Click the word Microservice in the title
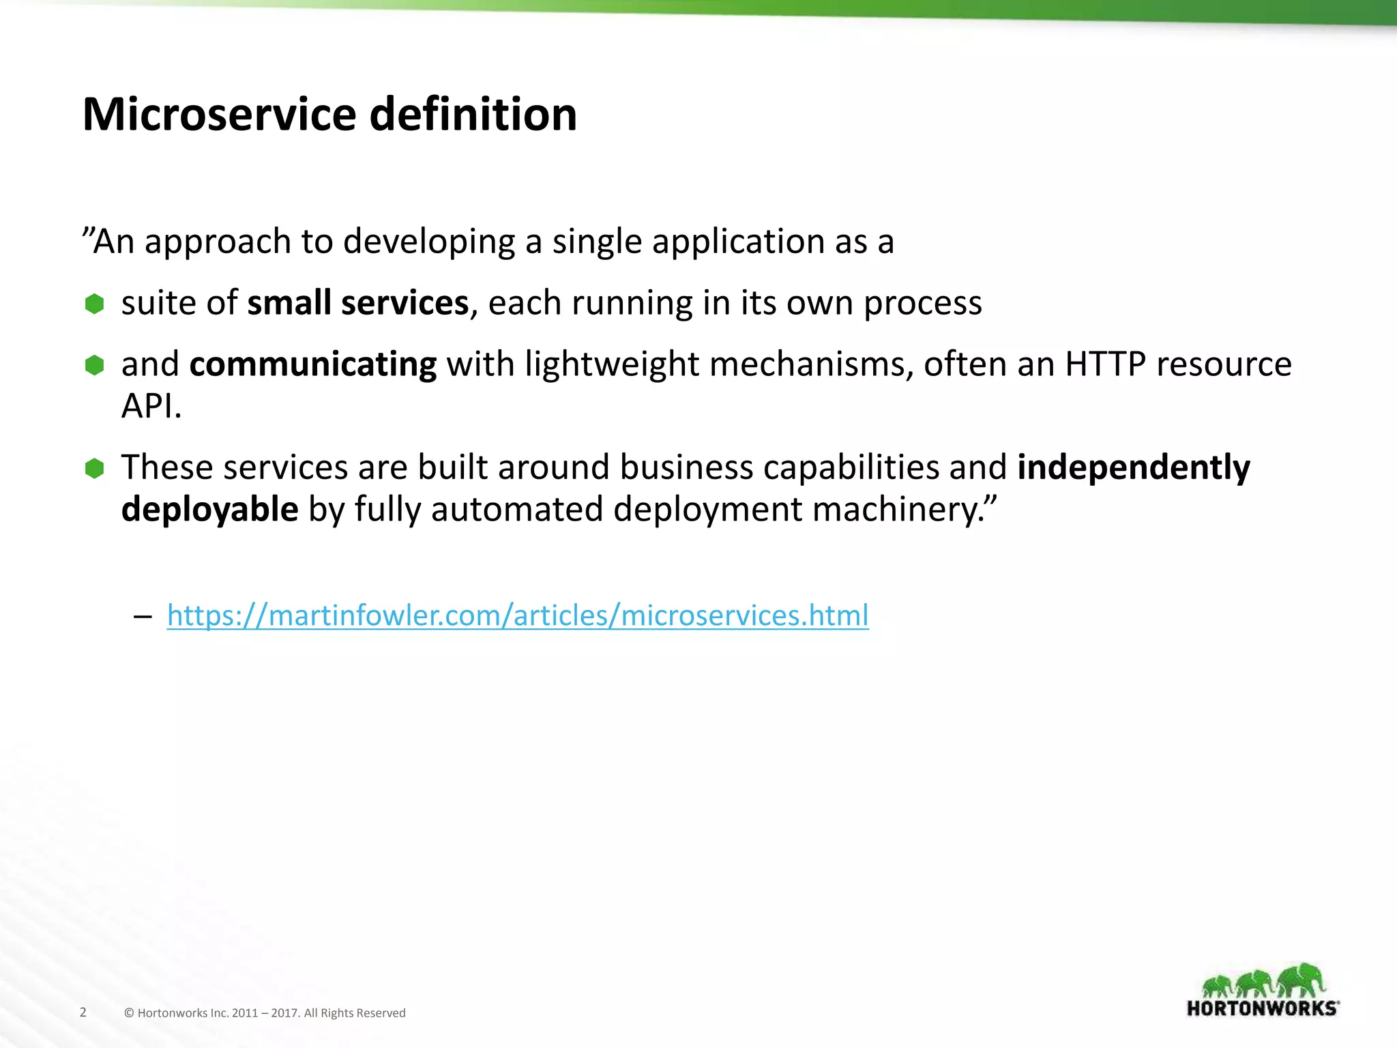(x=219, y=114)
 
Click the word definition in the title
(x=473, y=114)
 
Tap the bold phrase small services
(x=357, y=303)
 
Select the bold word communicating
(x=312, y=364)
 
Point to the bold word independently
(x=1134, y=467)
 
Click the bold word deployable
(x=209, y=510)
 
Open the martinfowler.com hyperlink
(x=518, y=615)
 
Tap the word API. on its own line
(x=151, y=407)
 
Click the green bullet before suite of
(x=94, y=304)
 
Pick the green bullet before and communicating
(x=94, y=365)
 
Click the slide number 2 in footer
(x=83, y=1012)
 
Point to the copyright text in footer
(x=265, y=1013)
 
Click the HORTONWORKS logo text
(x=1263, y=1008)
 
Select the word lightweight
(x=612, y=364)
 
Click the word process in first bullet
(x=922, y=303)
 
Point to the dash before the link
(x=143, y=617)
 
